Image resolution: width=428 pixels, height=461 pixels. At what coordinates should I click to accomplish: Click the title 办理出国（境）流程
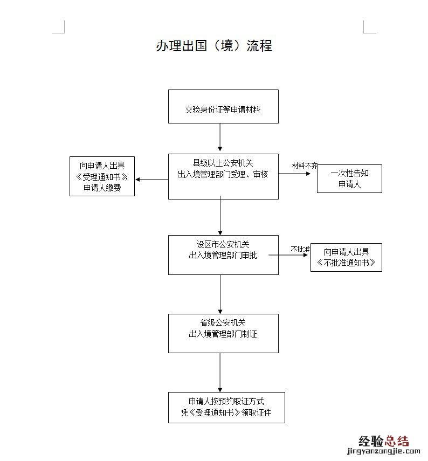point(214,46)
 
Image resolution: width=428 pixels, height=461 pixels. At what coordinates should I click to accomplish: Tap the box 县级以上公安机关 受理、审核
point(223,176)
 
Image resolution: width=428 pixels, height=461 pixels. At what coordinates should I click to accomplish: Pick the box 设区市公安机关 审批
point(223,254)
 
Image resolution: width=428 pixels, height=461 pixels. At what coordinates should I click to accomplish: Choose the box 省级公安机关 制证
point(223,333)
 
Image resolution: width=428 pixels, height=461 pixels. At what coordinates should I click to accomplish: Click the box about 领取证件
point(226,407)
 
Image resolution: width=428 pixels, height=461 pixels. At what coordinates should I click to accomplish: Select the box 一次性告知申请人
point(349,178)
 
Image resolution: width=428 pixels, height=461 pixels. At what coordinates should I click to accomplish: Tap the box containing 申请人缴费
point(102,176)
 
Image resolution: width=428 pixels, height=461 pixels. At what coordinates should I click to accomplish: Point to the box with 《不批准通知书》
point(346,257)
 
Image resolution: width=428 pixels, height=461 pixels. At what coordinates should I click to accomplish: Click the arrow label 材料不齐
point(305,165)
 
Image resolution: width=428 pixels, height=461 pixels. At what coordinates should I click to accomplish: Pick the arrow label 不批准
point(300,249)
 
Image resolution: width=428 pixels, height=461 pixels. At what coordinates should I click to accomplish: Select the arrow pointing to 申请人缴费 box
point(151,179)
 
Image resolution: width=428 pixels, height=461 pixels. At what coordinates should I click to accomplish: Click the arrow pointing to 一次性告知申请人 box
point(298,174)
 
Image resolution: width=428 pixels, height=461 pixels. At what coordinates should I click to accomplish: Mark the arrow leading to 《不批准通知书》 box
point(294,254)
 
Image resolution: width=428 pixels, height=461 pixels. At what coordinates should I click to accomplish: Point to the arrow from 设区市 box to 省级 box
point(220,294)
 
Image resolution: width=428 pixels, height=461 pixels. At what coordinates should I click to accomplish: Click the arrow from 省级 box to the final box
point(220,373)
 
